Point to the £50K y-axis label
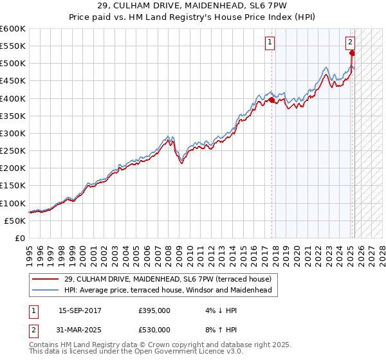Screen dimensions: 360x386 [15, 221]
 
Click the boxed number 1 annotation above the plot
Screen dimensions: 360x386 [269, 43]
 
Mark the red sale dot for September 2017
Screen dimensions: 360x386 [271, 100]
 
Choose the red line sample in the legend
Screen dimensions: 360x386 [46, 279]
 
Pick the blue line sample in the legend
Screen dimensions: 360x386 [46, 290]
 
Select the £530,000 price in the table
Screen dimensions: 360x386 [154, 330]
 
